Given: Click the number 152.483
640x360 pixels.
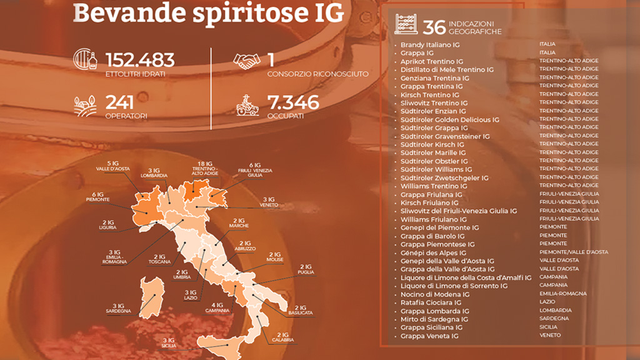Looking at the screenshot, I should tap(140, 60).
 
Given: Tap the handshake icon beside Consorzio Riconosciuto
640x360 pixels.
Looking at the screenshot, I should tap(246, 61).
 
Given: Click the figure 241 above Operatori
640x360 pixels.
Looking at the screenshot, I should tap(120, 102).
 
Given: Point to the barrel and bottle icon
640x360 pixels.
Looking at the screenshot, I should tap(85, 61).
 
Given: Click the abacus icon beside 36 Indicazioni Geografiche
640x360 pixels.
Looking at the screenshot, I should tap(406, 26).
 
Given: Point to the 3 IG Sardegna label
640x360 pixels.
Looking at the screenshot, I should tap(118, 307).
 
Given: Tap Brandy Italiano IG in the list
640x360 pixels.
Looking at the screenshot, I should tap(430, 45).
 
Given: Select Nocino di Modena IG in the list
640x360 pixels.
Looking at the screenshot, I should tap(435, 294).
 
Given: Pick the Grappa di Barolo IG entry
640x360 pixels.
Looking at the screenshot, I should tap(432, 236).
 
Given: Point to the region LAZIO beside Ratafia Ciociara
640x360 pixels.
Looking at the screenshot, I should tap(546, 302).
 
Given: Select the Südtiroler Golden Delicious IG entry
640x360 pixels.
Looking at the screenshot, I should tap(449, 119).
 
